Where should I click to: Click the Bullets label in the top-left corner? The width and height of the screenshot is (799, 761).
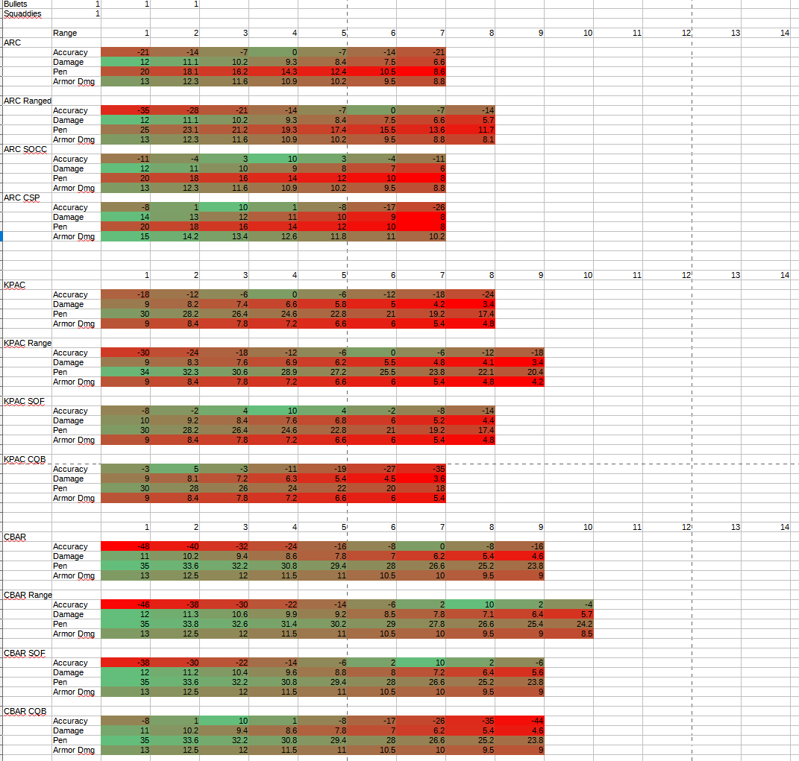click(x=15, y=4)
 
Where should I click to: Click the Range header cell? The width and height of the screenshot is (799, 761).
click(x=65, y=34)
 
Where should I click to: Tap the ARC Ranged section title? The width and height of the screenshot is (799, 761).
click(x=28, y=101)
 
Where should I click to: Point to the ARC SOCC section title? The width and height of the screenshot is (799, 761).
click(x=25, y=149)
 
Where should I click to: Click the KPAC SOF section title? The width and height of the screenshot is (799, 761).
click(x=25, y=401)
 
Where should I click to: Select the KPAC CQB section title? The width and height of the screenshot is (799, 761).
click(x=25, y=459)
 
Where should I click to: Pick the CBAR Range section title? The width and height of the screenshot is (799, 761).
click(x=28, y=595)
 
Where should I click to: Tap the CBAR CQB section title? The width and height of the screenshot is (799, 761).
click(x=25, y=711)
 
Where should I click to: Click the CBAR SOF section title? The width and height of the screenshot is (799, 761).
click(x=25, y=653)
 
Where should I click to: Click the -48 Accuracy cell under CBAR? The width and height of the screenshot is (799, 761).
click(x=125, y=546)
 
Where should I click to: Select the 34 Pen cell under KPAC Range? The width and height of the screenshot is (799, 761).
click(x=125, y=372)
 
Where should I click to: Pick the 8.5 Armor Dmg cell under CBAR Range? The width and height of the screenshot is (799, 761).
click(x=568, y=634)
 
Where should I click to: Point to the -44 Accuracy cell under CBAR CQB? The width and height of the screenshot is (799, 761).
click(x=519, y=721)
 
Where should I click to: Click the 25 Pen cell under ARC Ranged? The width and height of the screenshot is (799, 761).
click(x=125, y=130)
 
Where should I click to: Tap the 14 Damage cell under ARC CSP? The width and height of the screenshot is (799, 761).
click(x=125, y=217)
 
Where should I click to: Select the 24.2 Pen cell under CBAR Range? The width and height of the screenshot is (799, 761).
click(x=568, y=624)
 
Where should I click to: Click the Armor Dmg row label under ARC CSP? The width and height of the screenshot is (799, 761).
click(x=74, y=236)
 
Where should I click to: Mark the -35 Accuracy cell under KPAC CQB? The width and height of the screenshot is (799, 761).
click(x=421, y=469)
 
